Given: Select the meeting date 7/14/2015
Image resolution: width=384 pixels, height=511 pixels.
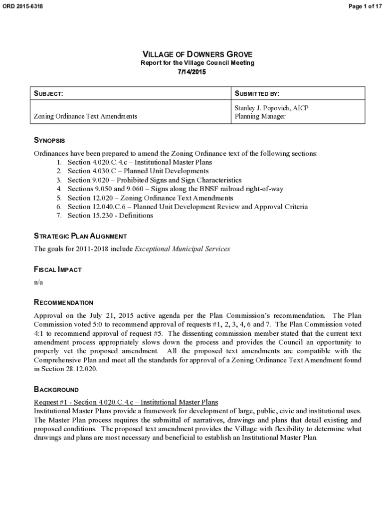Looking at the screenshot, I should pyautogui.click(x=192, y=72).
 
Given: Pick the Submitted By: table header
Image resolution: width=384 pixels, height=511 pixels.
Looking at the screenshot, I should pyautogui.click(x=257, y=93).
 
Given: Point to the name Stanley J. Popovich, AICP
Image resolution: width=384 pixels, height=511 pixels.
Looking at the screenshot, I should pyautogui.click(x=272, y=108).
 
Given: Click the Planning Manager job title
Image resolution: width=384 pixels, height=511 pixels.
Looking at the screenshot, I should pyautogui.click(x=260, y=116).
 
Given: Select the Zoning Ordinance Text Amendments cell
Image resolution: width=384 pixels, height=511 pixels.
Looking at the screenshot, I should pyautogui.click(x=85, y=116).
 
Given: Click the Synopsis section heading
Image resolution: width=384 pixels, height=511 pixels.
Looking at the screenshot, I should pyautogui.click(x=49, y=141).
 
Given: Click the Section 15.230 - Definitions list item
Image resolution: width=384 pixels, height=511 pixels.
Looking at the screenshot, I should pyautogui.click(x=110, y=216).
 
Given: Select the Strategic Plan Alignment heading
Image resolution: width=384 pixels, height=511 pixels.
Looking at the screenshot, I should pyautogui.click(x=80, y=236).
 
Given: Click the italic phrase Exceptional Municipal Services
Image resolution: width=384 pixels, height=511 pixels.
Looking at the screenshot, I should pyautogui.click(x=183, y=249).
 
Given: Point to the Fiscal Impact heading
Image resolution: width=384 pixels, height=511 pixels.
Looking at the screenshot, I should pyautogui.click(x=57, y=269).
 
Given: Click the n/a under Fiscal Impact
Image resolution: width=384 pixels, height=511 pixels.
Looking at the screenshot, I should pyautogui.click(x=38, y=282).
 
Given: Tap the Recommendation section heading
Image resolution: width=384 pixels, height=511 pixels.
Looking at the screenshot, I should pyautogui.click(x=63, y=302).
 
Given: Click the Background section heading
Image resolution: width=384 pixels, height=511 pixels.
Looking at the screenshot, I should pyautogui.click(x=56, y=389).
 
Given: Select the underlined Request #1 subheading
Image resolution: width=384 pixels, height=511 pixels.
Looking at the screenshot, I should pyautogui.click(x=126, y=402).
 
